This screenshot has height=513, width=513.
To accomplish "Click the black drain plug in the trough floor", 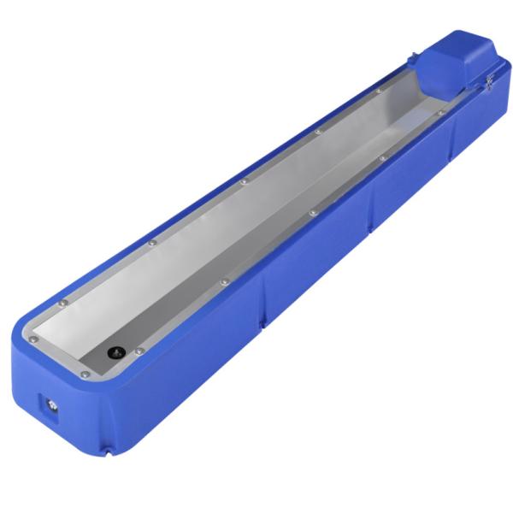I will (x=114, y=351).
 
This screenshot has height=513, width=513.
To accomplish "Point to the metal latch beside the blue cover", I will (x=489, y=81).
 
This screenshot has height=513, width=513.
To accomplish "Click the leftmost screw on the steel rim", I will (x=33, y=339).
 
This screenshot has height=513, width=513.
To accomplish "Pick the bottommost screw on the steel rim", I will (x=84, y=374).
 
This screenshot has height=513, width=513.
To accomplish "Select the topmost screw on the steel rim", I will (x=378, y=91).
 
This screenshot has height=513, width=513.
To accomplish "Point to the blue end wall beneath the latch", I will (x=487, y=107).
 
